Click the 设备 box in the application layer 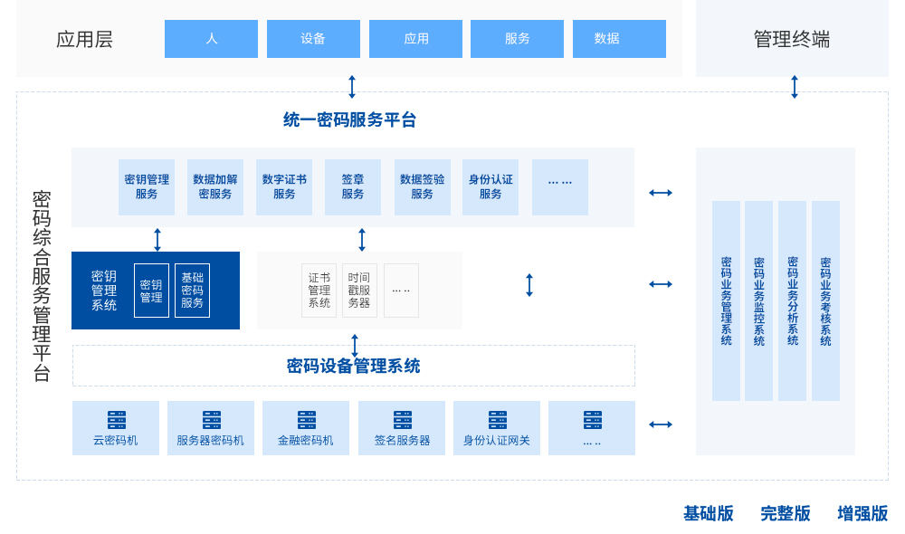coord(313,39)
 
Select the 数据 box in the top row coord(619,39)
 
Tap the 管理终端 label coord(792,39)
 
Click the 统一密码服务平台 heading coord(350,119)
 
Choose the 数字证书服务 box coord(284,186)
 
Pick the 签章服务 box coord(353,186)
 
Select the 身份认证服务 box coord(491,186)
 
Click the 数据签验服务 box coord(423,186)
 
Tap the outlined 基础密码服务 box coord(192,291)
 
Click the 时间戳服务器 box coord(359,291)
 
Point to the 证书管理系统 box coord(319,291)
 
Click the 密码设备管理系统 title coord(354,367)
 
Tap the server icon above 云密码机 coord(117,420)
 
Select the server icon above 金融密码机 coord(307,420)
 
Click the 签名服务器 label coord(402,441)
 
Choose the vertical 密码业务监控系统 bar coord(758,300)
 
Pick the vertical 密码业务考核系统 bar coord(825,300)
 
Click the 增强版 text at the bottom coord(862,514)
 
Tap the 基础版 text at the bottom coord(709,514)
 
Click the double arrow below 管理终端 coord(795,87)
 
